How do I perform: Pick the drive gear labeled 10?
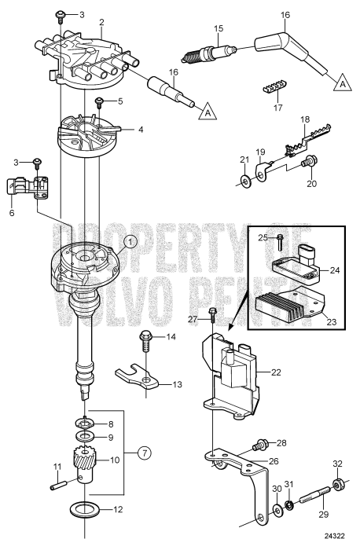coord(83,460)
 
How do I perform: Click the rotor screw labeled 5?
coord(100,101)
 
